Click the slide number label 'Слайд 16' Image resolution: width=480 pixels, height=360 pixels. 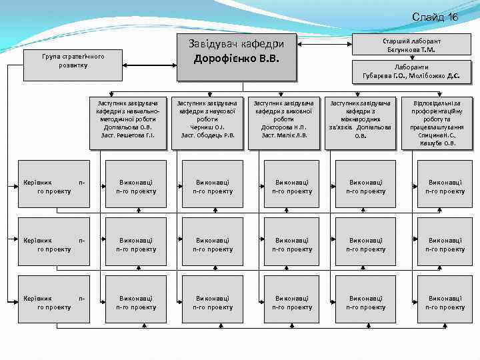(x=435, y=17)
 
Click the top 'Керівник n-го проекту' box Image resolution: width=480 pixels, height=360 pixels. (x=53, y=186)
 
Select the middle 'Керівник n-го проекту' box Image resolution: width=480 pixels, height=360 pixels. (x=53, y=244)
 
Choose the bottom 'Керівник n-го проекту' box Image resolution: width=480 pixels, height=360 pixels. (x=53, y=302)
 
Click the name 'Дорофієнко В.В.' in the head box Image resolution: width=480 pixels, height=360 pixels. (x=235, y=59)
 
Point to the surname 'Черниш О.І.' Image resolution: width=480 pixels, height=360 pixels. (x=207, y=127)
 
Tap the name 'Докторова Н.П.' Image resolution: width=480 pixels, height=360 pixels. (x=285, y=127)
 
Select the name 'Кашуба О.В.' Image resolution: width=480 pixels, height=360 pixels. (x=441, y=143)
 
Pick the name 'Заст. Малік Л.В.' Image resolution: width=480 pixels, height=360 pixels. (x=285, y=135)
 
